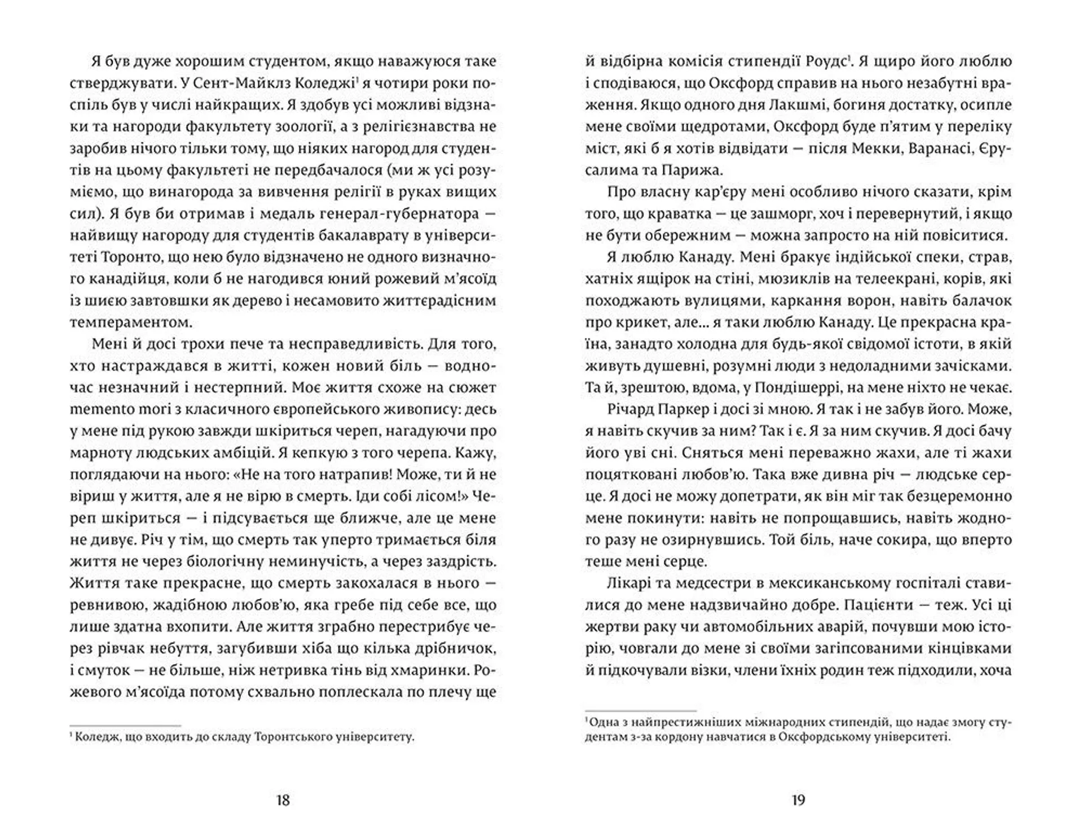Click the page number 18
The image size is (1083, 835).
[283, 800]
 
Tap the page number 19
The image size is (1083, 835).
[798, 800]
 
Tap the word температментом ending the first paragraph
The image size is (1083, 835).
[131, 322]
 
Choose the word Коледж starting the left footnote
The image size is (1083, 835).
[97, 737]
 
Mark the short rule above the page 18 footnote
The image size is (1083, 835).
[125, 726]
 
